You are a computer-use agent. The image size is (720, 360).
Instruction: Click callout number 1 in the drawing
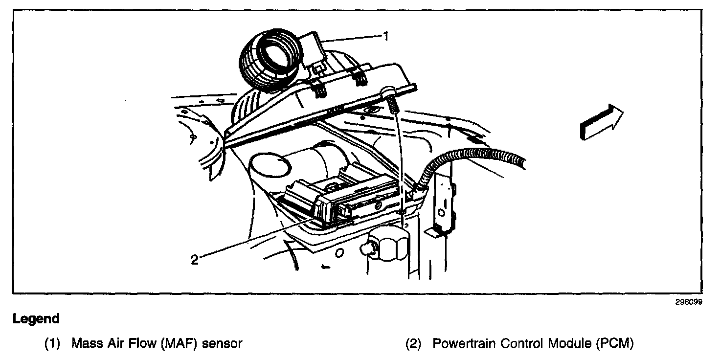(x=386, y=36)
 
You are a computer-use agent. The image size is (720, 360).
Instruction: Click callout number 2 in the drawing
(x=194, y=260)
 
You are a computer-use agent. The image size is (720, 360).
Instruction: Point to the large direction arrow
(x=601, y=122)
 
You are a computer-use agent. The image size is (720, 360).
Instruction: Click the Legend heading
(x=36, y=319)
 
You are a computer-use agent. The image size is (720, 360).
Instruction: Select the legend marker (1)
(x=52, y=343)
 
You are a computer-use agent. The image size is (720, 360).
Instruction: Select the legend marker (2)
(x=413, y=343)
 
